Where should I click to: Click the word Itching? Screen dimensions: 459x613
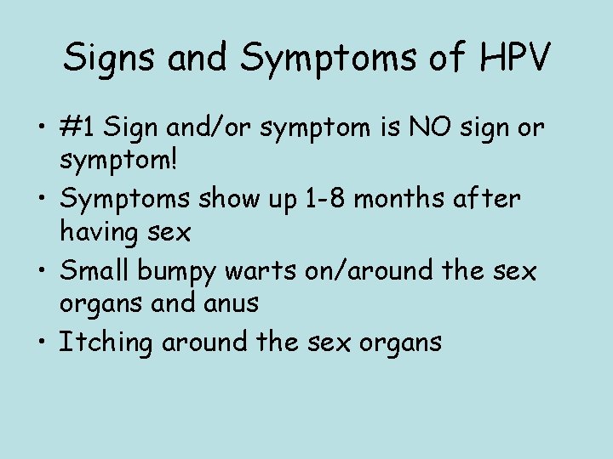coord(105,343)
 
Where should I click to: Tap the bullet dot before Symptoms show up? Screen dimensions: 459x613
coord(43,199)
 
